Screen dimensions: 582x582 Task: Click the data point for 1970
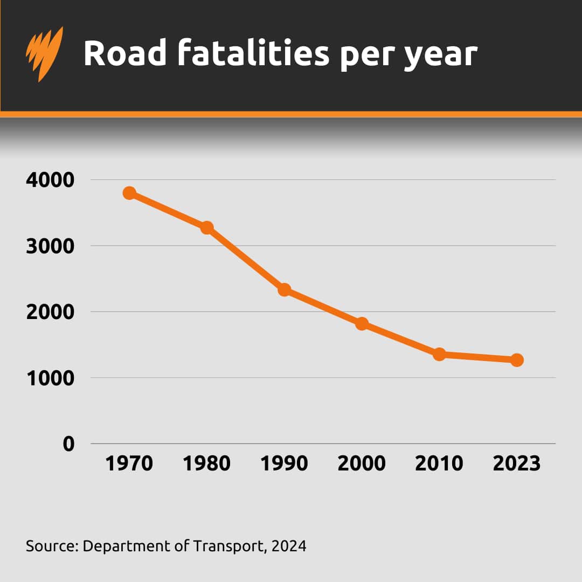point(129,193)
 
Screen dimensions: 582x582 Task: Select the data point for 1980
point(207,227)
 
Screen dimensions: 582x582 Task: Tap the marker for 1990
point(285,290)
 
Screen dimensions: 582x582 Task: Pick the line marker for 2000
point(362,324)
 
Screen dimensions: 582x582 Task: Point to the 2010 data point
point(439,354)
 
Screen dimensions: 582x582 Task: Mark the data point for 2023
point(517,360)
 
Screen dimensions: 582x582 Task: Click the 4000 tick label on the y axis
point(50,180)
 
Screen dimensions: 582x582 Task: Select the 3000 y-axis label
point(50,246)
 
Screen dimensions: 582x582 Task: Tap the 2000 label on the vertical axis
point(50,312)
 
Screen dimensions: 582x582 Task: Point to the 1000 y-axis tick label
point(50,378)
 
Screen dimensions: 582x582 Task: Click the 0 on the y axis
point(68,444)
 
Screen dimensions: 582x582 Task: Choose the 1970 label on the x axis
point(129,463)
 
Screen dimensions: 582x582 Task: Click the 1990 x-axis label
point(285,463)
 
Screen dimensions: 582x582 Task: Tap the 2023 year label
point(517,463)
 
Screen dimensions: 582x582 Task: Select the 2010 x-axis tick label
point(439,463)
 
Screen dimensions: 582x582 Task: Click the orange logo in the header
point(44,53)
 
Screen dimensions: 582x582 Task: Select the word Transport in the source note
point(224,546)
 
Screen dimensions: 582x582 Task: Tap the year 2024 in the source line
point(289,546)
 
